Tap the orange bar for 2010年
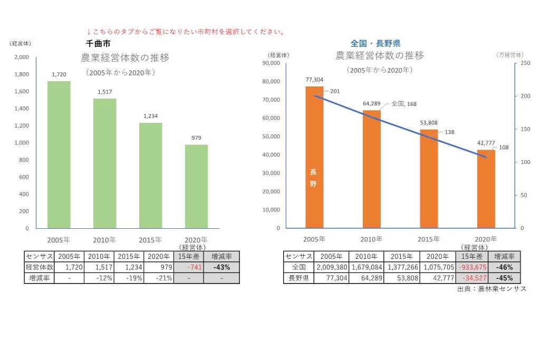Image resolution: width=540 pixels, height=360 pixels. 371,169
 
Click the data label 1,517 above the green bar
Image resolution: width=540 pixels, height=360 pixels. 104,92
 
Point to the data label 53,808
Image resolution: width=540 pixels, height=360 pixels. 428,123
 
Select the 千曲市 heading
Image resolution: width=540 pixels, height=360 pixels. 98,44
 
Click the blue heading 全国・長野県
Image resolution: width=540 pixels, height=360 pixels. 375,43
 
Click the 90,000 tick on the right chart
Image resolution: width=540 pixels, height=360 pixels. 273,63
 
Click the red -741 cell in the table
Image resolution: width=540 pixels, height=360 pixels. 188,267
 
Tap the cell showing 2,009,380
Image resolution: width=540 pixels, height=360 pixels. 331,267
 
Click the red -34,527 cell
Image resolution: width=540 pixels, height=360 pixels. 471,278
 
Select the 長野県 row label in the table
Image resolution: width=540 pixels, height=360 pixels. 298,278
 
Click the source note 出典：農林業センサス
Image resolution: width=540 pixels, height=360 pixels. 491,289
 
